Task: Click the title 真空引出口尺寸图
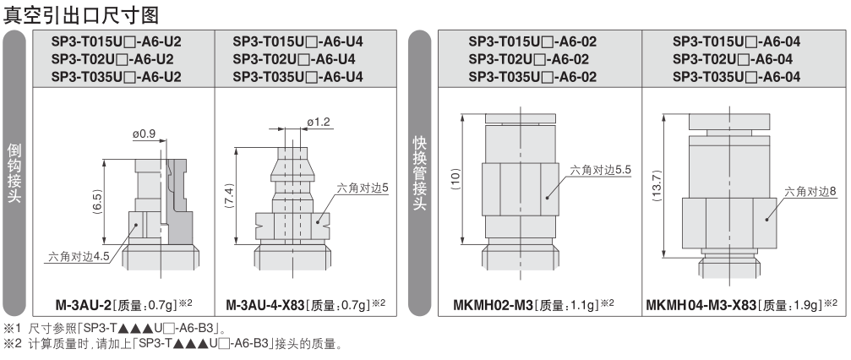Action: tap(81, 14)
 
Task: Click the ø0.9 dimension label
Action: tap(144, 133)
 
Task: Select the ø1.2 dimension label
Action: tap(319, 123)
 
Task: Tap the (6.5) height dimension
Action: tap(98, 201)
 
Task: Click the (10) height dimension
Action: tap(456, 179)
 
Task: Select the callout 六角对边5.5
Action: tap(601, 170)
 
